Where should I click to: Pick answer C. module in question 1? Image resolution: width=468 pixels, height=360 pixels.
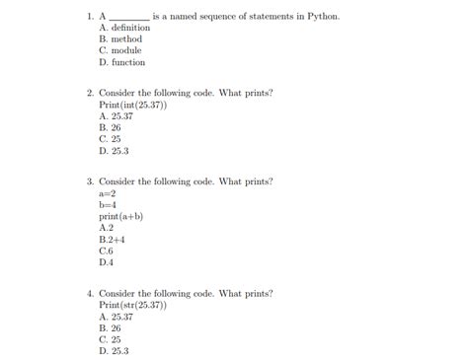[x=120, y=50]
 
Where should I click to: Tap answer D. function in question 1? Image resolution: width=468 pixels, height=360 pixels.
[x=121, y=62]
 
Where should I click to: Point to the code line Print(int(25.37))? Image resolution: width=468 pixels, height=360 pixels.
[x=133, y=105]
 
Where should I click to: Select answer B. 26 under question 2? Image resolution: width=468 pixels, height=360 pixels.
[x=110, y=128]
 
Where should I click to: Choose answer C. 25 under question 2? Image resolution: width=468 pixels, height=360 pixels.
[x=110, y=139]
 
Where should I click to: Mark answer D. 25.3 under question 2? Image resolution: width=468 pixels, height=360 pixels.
[x=114, y=151]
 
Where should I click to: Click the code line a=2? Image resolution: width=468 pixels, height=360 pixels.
[x=109, y=194]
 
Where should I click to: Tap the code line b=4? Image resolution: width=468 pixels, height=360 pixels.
[x=109, y=205]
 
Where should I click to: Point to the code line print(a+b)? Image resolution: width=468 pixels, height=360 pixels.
[x=120, y=216]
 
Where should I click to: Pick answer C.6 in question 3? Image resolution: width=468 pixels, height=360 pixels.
[x=106, y=252]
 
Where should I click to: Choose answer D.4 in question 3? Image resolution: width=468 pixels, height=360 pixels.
[x=106, y=263]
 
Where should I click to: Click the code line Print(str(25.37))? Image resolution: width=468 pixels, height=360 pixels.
[x=133, y=306]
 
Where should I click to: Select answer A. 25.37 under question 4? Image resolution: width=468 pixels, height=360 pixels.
[x=116, y=317]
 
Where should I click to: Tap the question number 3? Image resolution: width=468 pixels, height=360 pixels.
[x=89, y=182]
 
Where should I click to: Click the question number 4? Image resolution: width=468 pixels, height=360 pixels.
[x=89, y=294]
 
